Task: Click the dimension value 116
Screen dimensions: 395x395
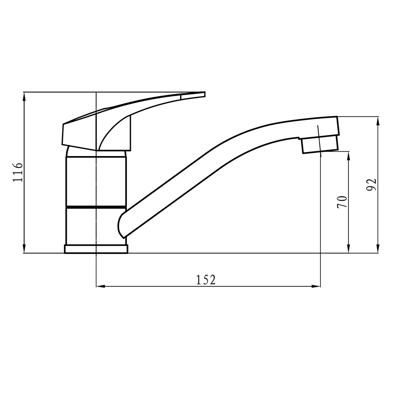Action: (x=18, y=172)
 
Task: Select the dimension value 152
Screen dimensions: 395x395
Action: (x=206, y=280)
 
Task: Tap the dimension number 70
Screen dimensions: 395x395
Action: (x=342, y=202)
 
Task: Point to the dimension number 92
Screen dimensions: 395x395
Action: (x=371, y=184)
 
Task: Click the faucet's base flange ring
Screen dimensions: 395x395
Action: (x=96, y=249)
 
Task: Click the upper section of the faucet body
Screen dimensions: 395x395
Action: (x=96, y=181)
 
